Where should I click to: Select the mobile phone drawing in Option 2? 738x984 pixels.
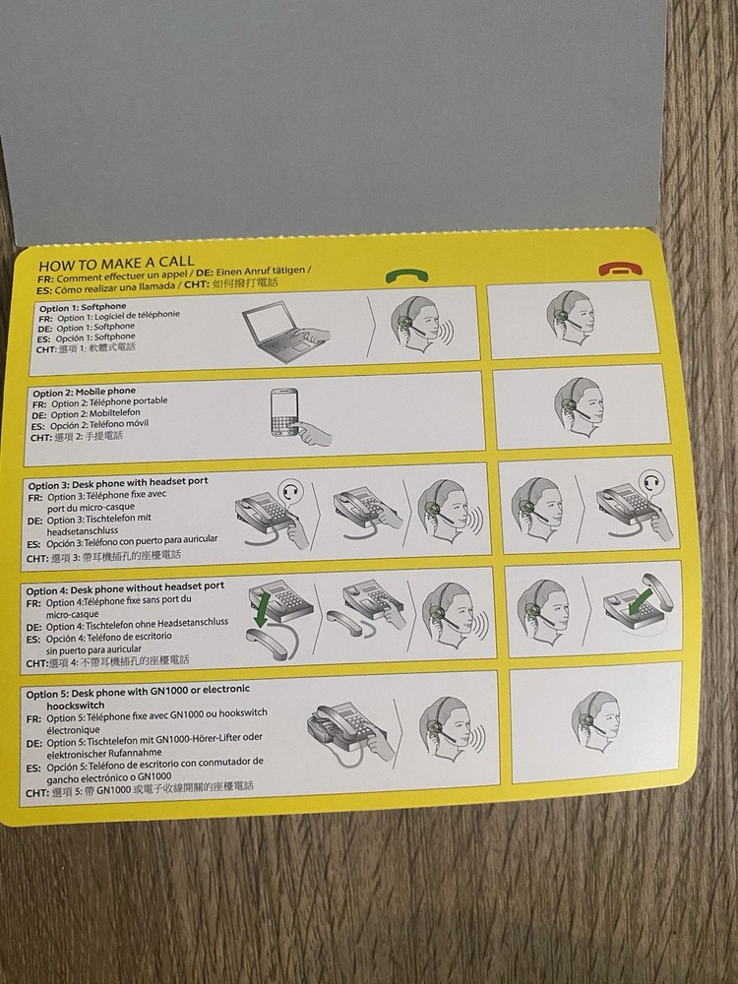293,418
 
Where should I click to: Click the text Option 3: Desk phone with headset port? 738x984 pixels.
117,484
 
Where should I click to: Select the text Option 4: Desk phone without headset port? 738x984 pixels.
126,585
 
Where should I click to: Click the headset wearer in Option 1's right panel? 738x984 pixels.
574,314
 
